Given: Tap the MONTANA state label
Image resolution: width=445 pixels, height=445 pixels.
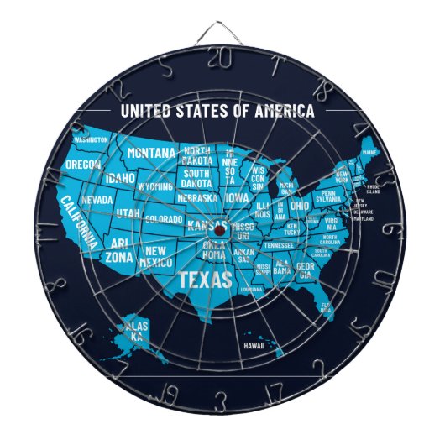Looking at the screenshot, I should tap(151, 154).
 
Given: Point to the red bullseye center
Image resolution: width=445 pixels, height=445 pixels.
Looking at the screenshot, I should tap(218, 228).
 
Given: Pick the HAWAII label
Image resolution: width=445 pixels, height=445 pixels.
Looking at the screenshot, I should tap(256, 344).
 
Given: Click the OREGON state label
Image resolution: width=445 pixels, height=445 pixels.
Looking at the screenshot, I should tap(83, 165).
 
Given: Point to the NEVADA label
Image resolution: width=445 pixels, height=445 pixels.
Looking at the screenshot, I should tap(97, 201).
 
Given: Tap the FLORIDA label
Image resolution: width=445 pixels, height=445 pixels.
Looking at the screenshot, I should tap(326, 306).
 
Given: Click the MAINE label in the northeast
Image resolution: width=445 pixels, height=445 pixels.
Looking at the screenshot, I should tap(369, 152).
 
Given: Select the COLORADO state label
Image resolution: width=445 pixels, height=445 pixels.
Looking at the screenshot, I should tap(163, 219).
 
